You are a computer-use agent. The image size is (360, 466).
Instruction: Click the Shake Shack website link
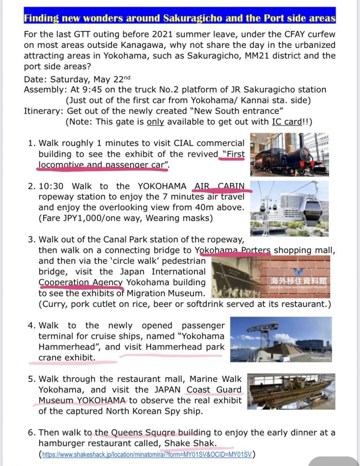tap(148, 454)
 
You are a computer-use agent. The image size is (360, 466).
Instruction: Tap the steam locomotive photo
tap(290, 155)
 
